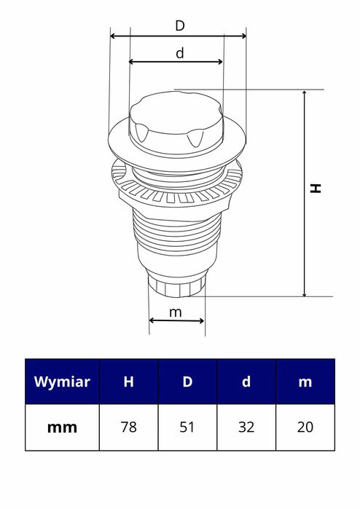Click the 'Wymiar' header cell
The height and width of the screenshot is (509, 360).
tap(62, 382)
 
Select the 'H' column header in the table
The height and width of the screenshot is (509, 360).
tap(128, 382)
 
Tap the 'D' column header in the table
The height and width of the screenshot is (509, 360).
tap(187, 382)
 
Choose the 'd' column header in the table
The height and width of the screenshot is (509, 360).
tap(246, 382)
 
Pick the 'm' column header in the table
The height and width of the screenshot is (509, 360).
tap(305, 382)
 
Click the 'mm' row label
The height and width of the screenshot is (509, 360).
tap(62, 427)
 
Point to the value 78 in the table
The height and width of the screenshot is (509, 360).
tap(128, 427)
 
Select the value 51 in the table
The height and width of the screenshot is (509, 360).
tap(187, 427)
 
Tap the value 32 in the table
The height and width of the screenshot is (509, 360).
tap(246, 427)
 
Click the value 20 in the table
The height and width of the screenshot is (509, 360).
tap(305, 427)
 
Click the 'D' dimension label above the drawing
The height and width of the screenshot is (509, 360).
tap(179, 25)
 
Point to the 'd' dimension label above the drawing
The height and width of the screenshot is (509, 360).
tap(179, 52)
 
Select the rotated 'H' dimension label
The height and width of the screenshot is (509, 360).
tap(316, 188)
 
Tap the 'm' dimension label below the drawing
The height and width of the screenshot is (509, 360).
tap(176, 312)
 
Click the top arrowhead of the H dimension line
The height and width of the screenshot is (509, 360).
tap(304, 94)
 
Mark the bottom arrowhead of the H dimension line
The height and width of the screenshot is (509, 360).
tap(304, 293)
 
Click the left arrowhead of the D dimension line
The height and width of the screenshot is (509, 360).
tap(113, 35)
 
